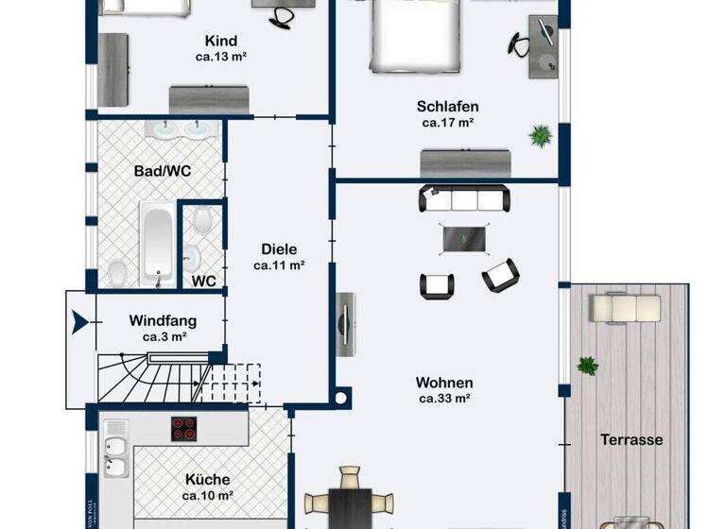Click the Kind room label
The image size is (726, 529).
pyautogui.click(x=221, y=41)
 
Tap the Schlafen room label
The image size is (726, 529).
pyautogui.click(x=447, y=106)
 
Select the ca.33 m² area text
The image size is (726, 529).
pyautogui.click(x=444, y=399)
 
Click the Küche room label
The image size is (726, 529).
pyautogui.click(x=208, y=479)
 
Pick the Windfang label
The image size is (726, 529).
pyautogui.click(x=164, y=320)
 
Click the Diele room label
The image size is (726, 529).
pyautogui.click(x=279, y=249)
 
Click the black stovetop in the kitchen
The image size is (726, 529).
pyautogui.click(x=184, y=429)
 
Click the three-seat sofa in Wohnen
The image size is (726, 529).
pyautogui.click(x=464, y=198)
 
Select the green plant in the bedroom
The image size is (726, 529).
pyautogui.click(x=541, y=136)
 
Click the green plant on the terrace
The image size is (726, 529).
pyautogui.click(x=588, y=365)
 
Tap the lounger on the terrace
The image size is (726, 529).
pyautogui.click(x=625, y=307)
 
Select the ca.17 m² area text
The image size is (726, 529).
pyautogui.click(x=447, y=122)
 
